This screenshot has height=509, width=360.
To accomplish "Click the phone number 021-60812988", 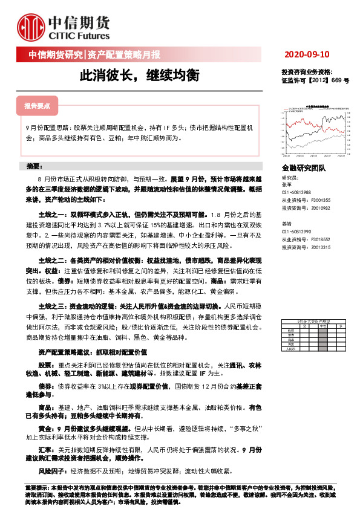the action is pos(296,192).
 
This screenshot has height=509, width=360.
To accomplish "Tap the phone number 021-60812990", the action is pos(296,232).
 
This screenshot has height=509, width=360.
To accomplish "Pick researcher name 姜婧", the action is pos(286,224).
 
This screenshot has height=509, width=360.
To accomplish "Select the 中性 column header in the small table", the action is pos(322,325).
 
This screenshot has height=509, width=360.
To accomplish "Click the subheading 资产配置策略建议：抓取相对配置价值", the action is pos(93,351).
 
